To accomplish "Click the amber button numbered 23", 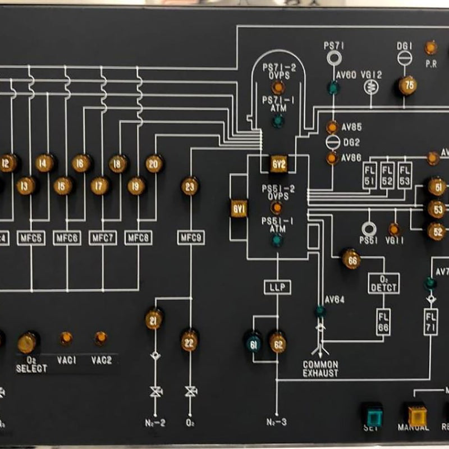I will tap(190, 186).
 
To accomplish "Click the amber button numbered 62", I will tap(277, 342).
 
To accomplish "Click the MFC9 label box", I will tap(191, 238).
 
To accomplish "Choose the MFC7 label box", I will tap(102, 238).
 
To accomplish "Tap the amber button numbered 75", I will tap(407, 86).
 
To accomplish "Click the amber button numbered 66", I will tap(352, 259).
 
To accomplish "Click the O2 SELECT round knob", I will tap(27, 342).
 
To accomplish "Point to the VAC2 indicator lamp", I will tap(100, 338).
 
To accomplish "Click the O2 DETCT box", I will tap(384, 283).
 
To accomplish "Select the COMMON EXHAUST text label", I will tap(320, 369).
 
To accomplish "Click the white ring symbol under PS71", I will tap(334, 58).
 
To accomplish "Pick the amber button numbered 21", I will tap(154, 319).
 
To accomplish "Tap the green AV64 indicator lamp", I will tap(320, 310).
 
